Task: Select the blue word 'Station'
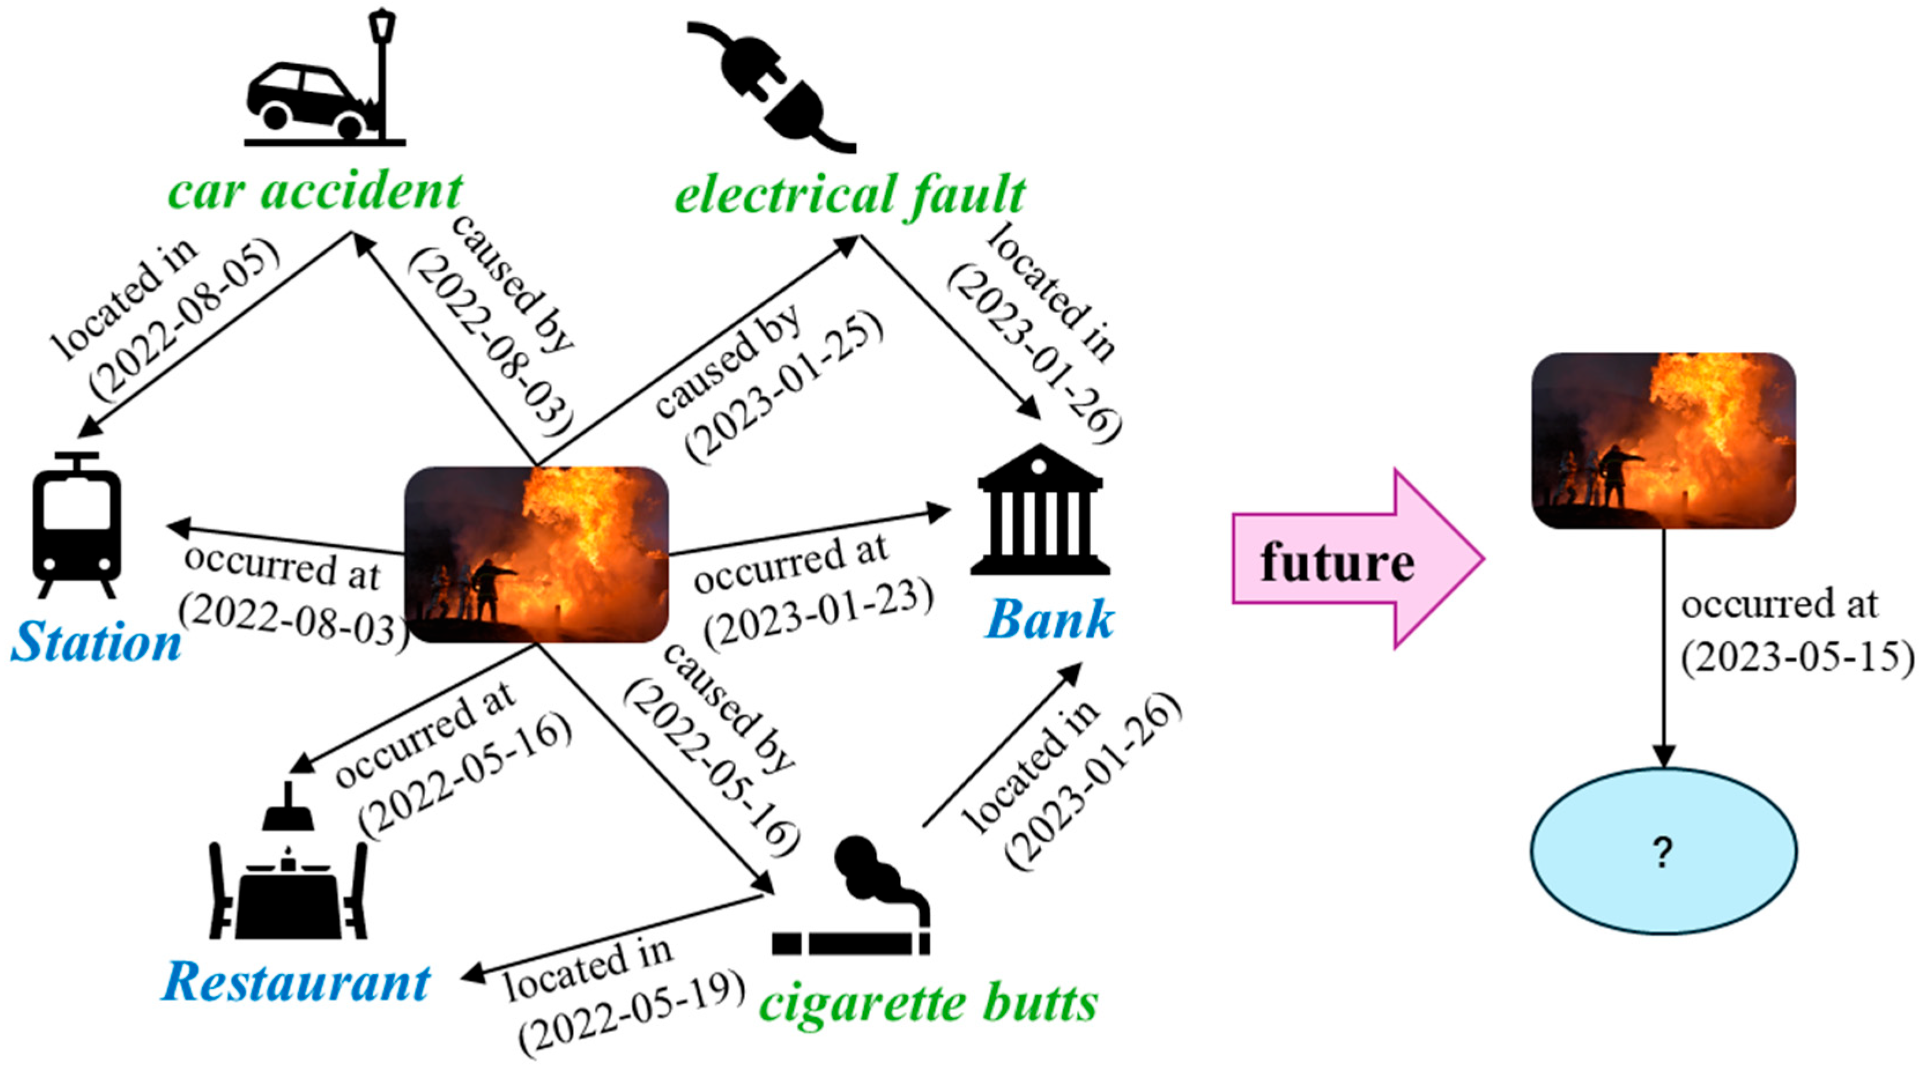(95, 642)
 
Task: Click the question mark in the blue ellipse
(1663, 852)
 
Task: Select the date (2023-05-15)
(1797, 658)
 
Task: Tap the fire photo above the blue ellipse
(1663, 440)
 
